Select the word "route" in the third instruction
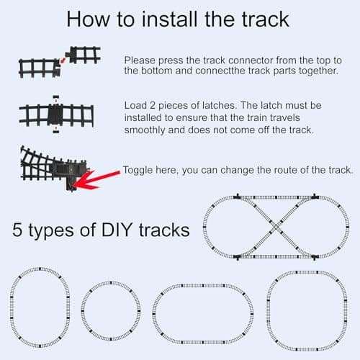pyautogui.click(x=284, y=170)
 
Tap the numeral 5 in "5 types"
pyautogui.click(x=18, y=231)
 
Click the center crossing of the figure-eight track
pyautogui.click(x=276, y=227)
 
